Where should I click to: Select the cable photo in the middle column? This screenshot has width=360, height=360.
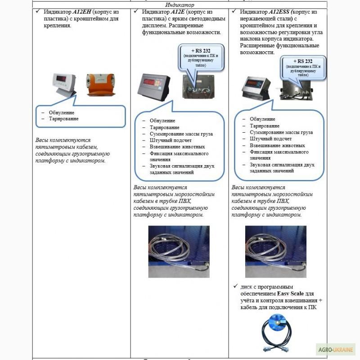(x=179, y=251)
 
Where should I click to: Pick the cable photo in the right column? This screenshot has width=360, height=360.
(x=275, y=251)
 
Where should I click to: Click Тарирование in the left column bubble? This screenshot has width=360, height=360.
(x=63, y=118)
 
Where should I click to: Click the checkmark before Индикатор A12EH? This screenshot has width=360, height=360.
(x=39, y=11)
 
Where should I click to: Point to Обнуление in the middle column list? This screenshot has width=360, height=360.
(x=162, y=121)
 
